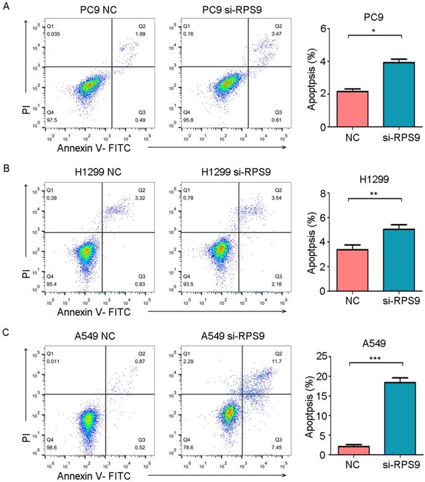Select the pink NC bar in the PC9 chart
click(348, 109)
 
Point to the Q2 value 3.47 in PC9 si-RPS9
click(277, 33)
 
